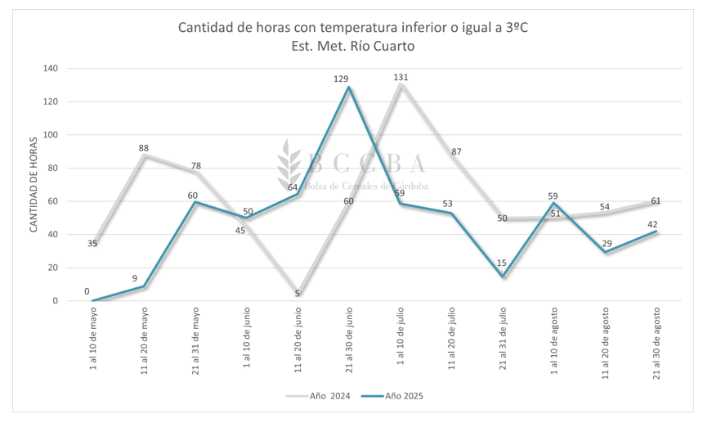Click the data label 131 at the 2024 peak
401,78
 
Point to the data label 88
144,148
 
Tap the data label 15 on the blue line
503,263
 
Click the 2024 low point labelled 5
298,293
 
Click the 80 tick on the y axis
51,169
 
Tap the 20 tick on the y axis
51,268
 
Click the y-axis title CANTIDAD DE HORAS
34,185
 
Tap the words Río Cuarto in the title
383,47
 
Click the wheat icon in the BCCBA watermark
289,168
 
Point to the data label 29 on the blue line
606,244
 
